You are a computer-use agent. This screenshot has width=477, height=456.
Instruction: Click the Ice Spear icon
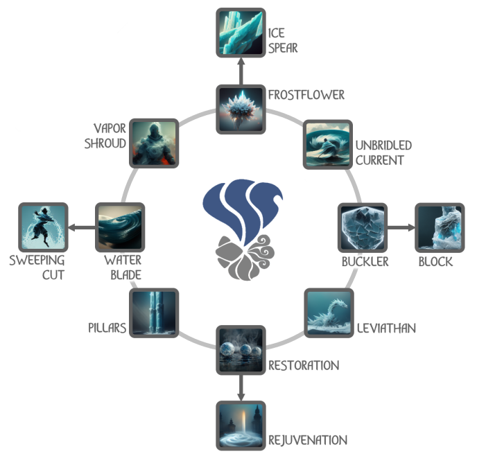241,32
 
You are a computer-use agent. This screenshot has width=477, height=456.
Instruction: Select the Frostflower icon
241,109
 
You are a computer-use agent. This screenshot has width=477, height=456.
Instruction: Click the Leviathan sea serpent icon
328,313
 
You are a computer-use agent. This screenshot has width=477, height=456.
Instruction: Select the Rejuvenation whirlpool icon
241,426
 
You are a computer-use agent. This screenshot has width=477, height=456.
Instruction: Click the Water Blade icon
119,227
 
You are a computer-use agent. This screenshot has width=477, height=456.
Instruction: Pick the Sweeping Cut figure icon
42,227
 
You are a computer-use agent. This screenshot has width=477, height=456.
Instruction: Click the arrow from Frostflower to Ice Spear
241,71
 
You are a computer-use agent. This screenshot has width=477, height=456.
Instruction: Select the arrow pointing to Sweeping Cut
81,227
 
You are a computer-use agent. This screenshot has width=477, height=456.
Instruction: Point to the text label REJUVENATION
308,439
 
